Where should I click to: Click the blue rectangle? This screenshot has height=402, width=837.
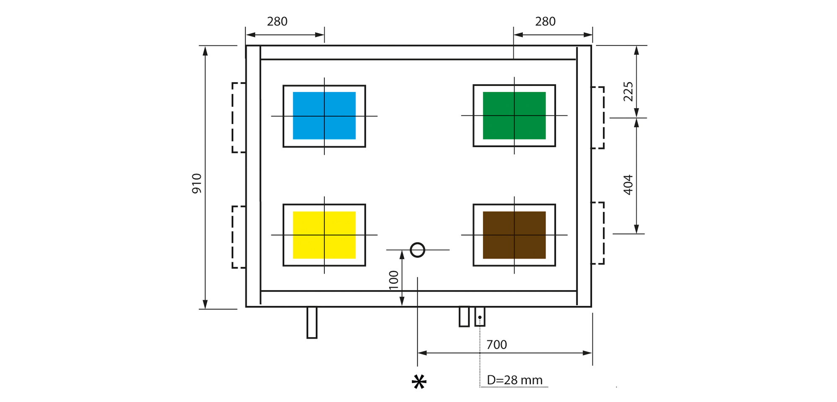[324, 116]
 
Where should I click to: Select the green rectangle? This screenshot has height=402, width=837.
[514, 116]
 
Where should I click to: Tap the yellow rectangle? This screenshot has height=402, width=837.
[324, 235]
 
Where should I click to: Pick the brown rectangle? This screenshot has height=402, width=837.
[514, 235]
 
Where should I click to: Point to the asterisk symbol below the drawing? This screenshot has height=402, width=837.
[419, 382]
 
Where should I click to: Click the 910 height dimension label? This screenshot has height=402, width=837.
[197, 183]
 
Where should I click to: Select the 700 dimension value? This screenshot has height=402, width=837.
[497, 345]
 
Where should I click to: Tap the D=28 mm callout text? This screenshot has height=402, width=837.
[515, 380]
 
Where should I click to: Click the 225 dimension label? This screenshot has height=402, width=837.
[628, 92]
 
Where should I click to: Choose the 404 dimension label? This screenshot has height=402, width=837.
[628, 185]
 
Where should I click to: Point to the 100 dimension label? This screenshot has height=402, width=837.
[394, 280]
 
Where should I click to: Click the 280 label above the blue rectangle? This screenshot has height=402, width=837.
[277, 21]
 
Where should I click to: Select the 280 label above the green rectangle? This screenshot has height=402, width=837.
[545, 21]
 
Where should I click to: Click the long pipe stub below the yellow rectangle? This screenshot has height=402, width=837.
[312, 322]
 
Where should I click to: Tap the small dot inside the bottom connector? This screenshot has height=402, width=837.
[480, 317]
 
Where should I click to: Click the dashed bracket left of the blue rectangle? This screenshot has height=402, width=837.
[233, 118]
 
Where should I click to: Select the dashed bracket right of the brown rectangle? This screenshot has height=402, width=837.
[603, 233]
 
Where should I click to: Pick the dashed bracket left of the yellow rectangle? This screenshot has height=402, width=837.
[233, 237]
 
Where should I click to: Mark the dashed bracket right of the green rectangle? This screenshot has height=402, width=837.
[603, 118]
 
